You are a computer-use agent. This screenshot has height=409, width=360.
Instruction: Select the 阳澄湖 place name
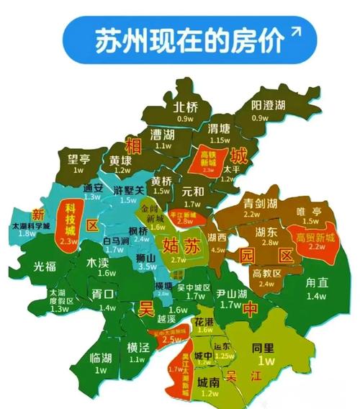pos(268,105)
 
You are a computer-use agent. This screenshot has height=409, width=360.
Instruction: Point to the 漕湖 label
pos(165,134)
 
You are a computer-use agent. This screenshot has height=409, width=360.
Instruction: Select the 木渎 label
pos(99,262)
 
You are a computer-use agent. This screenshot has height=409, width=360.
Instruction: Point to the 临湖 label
pos(100,358)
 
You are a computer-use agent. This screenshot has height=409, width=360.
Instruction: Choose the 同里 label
pos(266,347)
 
